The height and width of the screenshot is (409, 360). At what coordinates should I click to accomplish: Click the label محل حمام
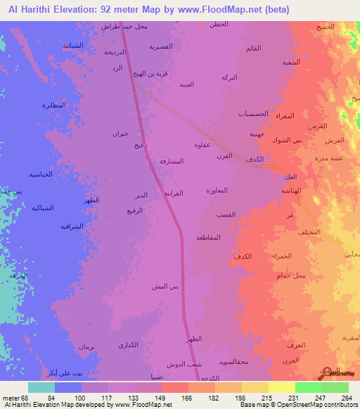click(x=291, y=275)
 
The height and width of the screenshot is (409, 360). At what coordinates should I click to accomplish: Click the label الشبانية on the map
click(x=72, y=45)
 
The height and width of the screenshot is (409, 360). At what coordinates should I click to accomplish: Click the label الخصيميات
click(x=252, y=114)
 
